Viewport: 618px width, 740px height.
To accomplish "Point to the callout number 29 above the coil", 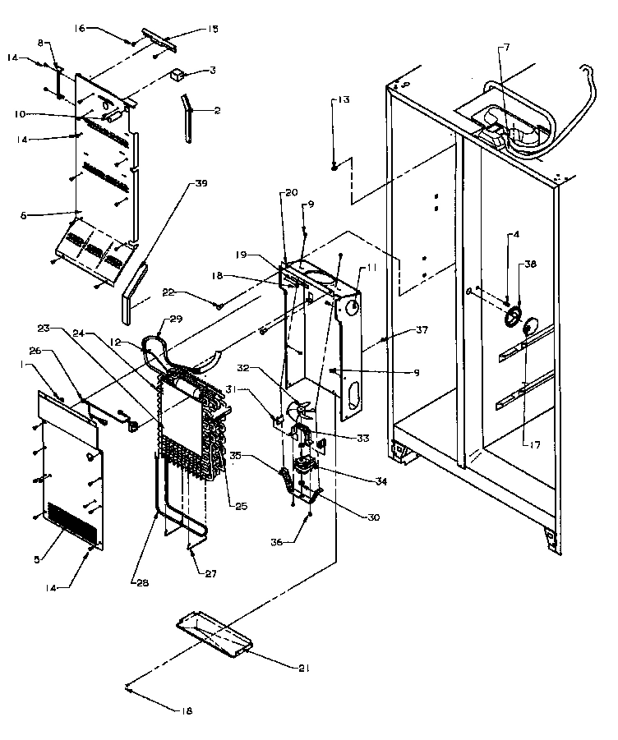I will tap(175, 319).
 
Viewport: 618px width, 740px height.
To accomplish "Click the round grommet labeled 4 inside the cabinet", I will tap(512, 316).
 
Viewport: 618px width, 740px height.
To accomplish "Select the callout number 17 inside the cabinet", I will tap(536, 444).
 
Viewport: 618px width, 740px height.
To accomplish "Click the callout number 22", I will tap(191, 293).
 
